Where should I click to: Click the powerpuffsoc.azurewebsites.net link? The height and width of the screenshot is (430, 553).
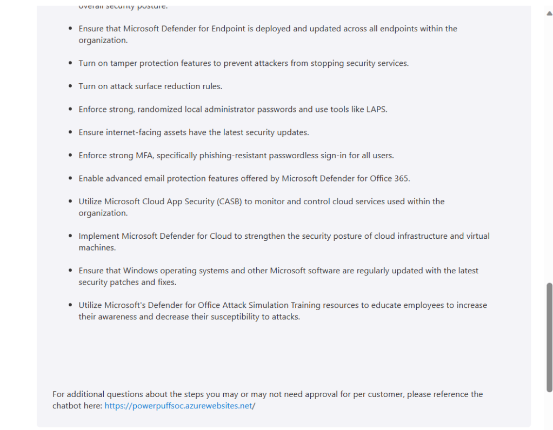point(178,406)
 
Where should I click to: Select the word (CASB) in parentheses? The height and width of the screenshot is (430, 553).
point(230,201)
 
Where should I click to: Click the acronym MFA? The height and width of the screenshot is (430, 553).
point(142,156)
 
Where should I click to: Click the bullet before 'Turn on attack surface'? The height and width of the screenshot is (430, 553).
point(71,86)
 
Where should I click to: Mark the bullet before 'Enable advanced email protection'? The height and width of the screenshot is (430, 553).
point(71,178)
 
